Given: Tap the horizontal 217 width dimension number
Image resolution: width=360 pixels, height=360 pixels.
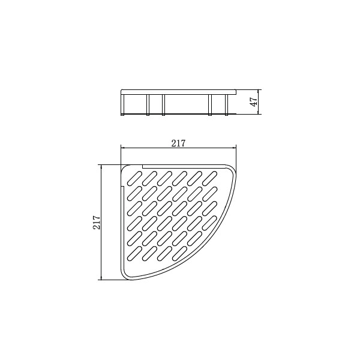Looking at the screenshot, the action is click(178, 143).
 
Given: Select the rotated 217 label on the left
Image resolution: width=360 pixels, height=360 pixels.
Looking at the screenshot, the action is click(97, 222).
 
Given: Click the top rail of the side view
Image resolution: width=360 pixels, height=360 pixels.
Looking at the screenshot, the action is click(178, 92).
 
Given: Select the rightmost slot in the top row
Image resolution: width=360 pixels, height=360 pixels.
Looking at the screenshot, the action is click(210, 178).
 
